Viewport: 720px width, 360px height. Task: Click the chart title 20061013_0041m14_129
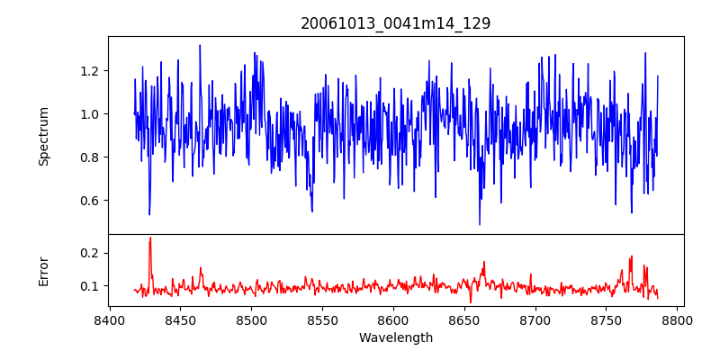click(x=395, y=23)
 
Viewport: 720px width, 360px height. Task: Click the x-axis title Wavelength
click(x=395, y=337)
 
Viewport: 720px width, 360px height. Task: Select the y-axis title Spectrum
click(x=43, y=136)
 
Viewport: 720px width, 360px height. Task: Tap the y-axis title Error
click(x=43, y=270)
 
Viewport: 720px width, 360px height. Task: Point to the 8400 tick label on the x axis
click(x=109, y=319)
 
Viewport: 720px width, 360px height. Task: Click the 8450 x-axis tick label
click(x=180, y=319)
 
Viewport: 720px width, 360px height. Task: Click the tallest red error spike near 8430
click(x=150, y=238)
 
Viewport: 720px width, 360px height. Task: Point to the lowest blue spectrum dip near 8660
click(x=480, y=223)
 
